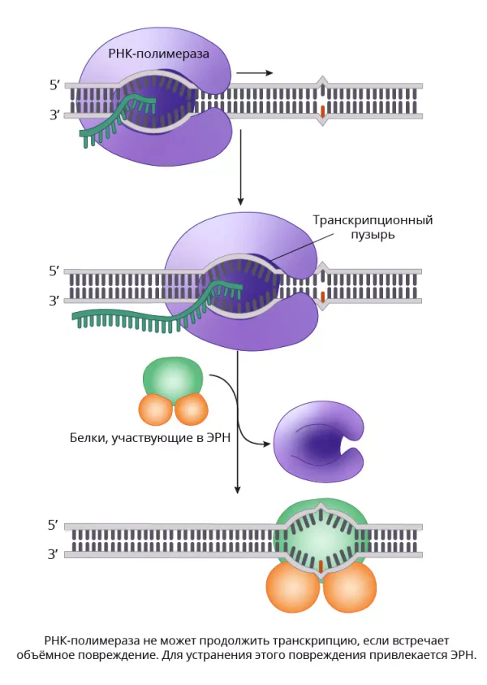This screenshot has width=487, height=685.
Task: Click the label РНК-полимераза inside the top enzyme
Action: point(159,54)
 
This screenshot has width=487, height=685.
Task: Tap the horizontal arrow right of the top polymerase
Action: point(254,73)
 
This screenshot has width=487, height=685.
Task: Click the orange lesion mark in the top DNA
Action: point(322,111)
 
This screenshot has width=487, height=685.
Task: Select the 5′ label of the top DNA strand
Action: point(54,85)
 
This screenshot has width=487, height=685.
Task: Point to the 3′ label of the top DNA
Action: point(54,115)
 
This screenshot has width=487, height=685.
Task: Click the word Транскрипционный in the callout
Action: point(373,219)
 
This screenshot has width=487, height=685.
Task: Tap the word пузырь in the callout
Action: point(373,235)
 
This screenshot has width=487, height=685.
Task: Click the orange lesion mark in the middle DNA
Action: point(322,297)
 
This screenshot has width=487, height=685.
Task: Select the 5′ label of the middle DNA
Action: point(54,271)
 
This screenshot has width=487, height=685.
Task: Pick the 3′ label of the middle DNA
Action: point(54,301)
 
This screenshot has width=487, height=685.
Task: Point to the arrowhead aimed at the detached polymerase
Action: point(265,444)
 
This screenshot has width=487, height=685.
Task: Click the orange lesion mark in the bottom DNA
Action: point(321,566)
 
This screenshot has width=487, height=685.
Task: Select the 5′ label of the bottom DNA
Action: point(53,525)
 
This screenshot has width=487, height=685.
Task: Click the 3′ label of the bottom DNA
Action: point(53,554)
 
